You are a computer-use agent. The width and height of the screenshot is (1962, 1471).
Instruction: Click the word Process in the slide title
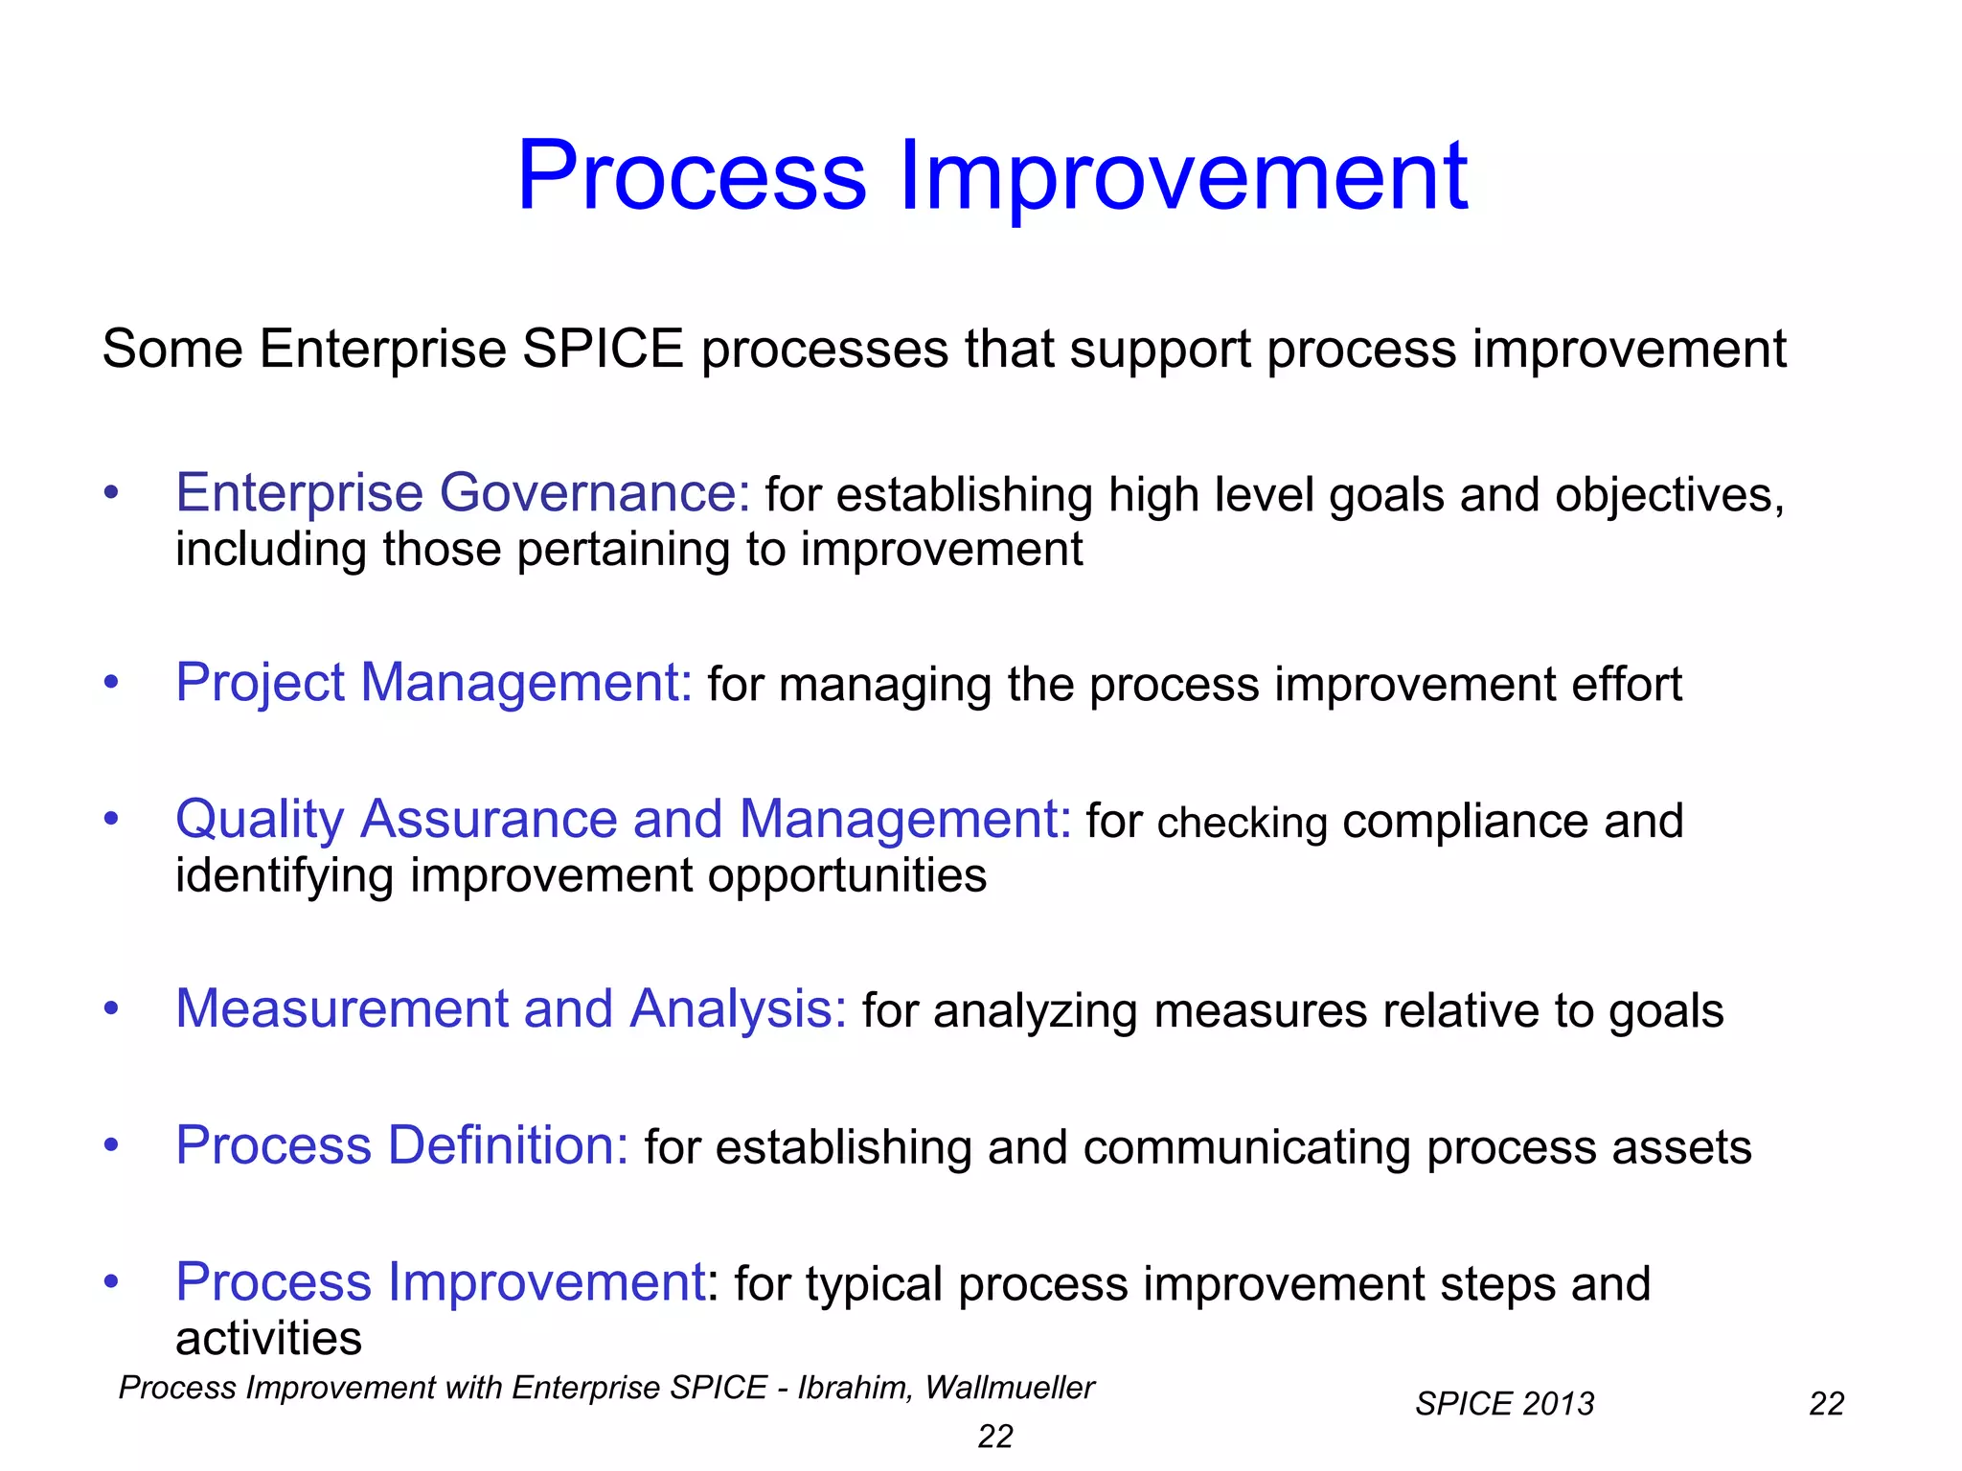pyautogui.click(x=692, y=176)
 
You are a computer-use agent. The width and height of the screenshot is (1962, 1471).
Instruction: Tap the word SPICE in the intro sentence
pyautogui.click(x=603, y=349)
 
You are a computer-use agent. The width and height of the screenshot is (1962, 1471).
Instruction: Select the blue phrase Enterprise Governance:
pyautogui.click(x=463, y=494)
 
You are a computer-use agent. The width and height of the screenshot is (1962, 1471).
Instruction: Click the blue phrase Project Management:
pyautogui.click(x=433, y=684)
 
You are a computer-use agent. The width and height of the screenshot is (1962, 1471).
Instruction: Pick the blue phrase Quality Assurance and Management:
pyautogui.click(x=623, y=821)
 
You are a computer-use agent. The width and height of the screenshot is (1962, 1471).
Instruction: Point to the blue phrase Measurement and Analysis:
pyautogui.click(x=511, y=1010)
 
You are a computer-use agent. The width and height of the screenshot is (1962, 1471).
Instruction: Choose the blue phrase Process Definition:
pyautogui.click(x=402, y=1146)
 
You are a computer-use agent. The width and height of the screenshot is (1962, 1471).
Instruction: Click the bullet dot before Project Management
pyautogui.click(x=112, y=683)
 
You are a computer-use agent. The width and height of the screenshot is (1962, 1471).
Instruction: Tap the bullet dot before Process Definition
pyautogui.click(x=112, y=1145)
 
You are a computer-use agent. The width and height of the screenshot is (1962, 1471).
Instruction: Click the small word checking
pyautogui.click(x=1242, y=824)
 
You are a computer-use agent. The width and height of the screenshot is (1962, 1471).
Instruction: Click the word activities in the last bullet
pyautogui.click(x=268, y=1339)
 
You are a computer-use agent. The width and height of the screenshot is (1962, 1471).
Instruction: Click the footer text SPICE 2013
pyautogui.click(x=1504, y=1404)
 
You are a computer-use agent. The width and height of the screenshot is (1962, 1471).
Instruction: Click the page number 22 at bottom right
pyautogui.click(x=1826, y=1404)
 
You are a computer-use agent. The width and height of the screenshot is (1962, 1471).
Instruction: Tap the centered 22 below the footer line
pyautogui.click(x=995, y=1437)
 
